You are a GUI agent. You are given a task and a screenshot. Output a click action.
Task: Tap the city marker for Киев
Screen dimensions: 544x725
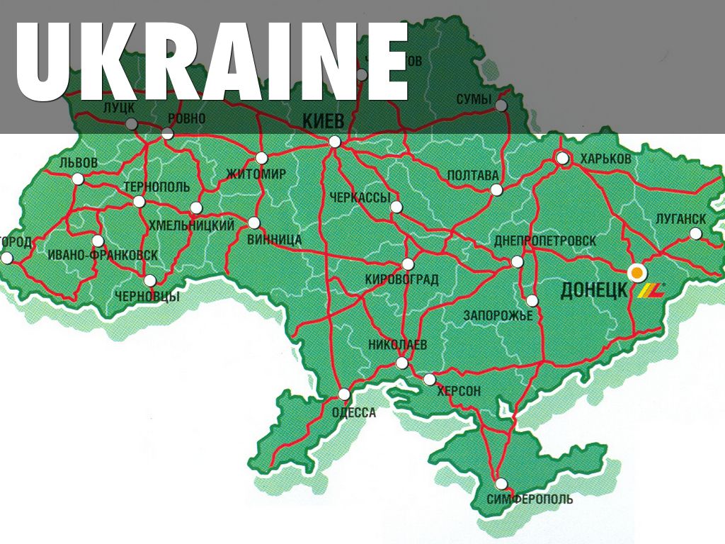pos(335,142)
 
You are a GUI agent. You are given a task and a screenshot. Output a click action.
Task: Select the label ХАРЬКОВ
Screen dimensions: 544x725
pos(605,159)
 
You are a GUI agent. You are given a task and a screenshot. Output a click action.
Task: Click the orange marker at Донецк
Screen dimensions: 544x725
pos(636,271)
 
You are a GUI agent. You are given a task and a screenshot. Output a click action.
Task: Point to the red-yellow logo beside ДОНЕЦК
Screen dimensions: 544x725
pos(651,290)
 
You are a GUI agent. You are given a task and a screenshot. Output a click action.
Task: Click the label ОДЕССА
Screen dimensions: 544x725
pos(354,413)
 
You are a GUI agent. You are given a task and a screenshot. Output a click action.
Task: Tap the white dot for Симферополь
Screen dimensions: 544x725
pos(501,484)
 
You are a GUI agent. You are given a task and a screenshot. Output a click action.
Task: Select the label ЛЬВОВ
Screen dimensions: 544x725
pos(79,163)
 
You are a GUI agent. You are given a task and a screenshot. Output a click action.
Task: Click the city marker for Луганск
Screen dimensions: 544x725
pos(695,234)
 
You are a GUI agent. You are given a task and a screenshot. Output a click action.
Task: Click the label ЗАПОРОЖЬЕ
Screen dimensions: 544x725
pos(498,315)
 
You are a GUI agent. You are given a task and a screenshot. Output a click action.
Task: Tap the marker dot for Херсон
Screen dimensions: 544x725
pos(430,380)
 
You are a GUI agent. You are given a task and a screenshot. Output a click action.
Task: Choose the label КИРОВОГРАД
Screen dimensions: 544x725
pos(401,280)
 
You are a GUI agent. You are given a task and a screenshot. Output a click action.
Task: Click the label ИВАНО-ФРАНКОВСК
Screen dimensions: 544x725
pos(103,255)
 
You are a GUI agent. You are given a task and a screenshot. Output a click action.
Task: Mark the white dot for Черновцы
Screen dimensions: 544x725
pos(150,280)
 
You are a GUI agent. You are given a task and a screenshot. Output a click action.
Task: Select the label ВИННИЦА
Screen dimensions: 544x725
pos(274,239)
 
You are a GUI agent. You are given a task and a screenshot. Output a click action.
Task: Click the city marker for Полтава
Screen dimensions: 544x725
pos(496,189)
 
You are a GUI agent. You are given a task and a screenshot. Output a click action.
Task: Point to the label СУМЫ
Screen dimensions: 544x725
pos(474,99)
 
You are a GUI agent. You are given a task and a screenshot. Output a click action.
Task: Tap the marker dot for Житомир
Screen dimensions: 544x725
pos(262,158)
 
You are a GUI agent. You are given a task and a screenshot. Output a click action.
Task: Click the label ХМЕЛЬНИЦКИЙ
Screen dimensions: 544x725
pos(192,225)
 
